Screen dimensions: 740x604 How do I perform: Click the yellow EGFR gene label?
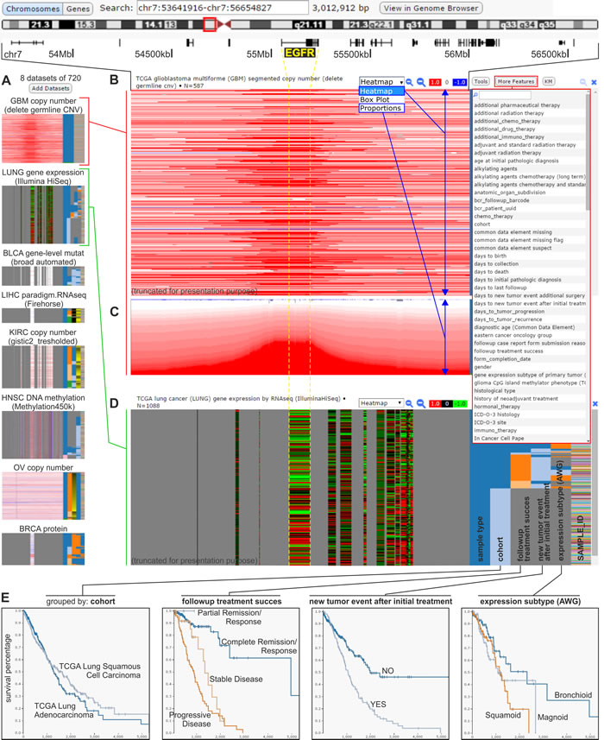pos(298,54)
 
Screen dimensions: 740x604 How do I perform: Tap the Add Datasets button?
pos(51,89)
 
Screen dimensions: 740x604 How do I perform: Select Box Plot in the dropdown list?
pos(374,99)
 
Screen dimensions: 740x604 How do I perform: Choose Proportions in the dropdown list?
pos(381,109)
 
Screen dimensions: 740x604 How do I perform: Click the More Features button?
pos(515,81)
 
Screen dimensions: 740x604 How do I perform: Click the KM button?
pos(549,81)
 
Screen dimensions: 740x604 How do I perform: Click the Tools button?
pos(481,81)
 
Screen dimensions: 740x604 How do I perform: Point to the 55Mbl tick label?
pos(260,54)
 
